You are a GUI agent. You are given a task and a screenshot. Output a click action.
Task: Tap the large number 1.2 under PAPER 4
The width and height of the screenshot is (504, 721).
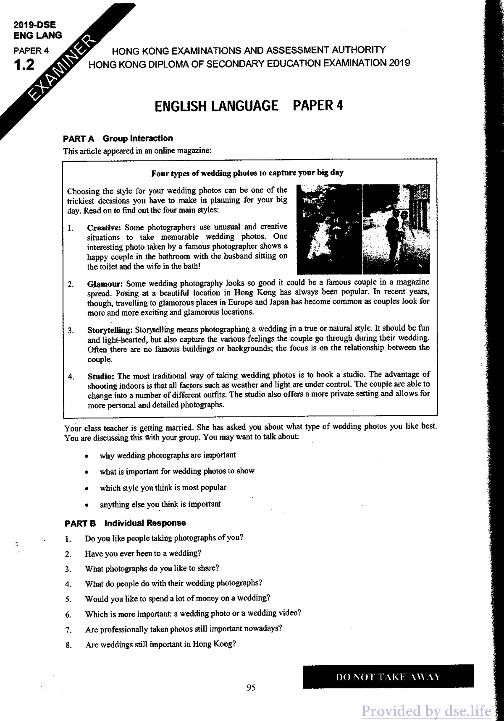(x=24, y=65)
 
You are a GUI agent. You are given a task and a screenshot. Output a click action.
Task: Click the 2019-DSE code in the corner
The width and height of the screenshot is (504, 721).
(x=34, y=25)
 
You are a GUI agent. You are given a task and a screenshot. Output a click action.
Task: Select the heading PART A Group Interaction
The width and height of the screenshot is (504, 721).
(x=118, y=139)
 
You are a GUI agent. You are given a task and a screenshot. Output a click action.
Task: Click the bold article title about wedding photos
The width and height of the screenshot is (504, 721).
(x=247, y=173)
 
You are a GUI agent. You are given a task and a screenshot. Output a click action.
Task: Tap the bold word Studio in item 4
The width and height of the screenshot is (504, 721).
(x=101, y=377)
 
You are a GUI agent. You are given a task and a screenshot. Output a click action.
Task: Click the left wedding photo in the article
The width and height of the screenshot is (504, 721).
(x=329, y=229)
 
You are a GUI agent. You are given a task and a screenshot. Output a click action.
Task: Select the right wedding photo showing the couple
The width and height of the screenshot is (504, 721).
(x=396, y=229)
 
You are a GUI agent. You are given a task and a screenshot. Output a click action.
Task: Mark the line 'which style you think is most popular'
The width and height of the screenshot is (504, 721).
(x=163, y=488)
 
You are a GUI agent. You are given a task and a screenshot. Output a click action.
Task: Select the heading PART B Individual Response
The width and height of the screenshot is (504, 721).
(x=125, y=523)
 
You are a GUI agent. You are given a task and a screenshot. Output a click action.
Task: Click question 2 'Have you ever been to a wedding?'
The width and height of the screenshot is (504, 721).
(x=143, y=554)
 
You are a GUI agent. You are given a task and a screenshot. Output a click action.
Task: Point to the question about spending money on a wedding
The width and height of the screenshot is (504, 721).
(x=178, y=598)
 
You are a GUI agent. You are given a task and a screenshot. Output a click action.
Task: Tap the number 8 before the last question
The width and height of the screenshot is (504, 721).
(x=68, y=645)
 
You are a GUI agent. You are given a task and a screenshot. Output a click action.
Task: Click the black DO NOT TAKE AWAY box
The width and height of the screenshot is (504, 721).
(x=388, y=676)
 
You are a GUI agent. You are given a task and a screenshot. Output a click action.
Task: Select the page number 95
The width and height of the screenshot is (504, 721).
(x=251, y=688)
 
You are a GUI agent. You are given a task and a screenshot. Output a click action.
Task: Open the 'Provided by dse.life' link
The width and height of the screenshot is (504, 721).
(x=426, y=711)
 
